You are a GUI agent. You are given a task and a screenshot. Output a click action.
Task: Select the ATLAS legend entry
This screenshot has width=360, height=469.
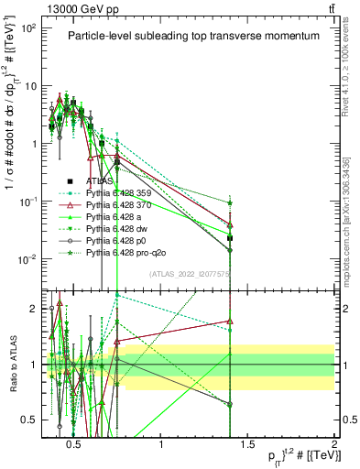(x=99, y=181)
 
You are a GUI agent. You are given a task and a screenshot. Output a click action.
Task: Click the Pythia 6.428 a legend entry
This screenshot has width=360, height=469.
(x=117, y=216)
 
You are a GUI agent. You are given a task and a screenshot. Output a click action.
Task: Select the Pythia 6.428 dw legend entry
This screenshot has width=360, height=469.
(x=119, y=228)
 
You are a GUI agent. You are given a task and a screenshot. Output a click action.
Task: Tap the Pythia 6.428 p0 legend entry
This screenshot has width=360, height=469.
(x=119, y=239)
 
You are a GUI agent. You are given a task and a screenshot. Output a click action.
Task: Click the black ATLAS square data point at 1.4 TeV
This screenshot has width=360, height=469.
(x=230, y=238)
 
